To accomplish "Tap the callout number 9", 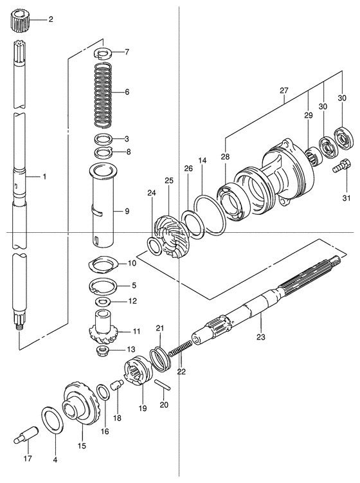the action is pos(127,211).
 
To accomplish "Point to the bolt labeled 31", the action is pos(341,165).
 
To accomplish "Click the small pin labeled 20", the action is pos(162,385).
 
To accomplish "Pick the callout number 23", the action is pos(260,336).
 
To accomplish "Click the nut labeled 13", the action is pos(102,351).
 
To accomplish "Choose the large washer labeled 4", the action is pos(52,420).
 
